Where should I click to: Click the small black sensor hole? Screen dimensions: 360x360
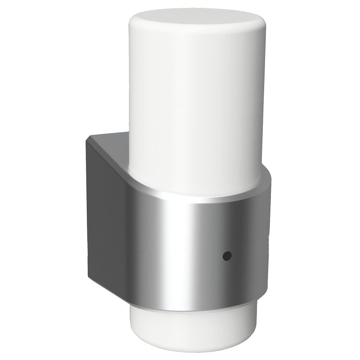tap(227, 256)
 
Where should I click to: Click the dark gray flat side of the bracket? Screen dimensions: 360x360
tap(106, 211)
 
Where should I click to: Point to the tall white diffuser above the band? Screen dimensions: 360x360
tap(193, 103)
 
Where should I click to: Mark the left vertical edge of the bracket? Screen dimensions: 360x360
tap(87, 207)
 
